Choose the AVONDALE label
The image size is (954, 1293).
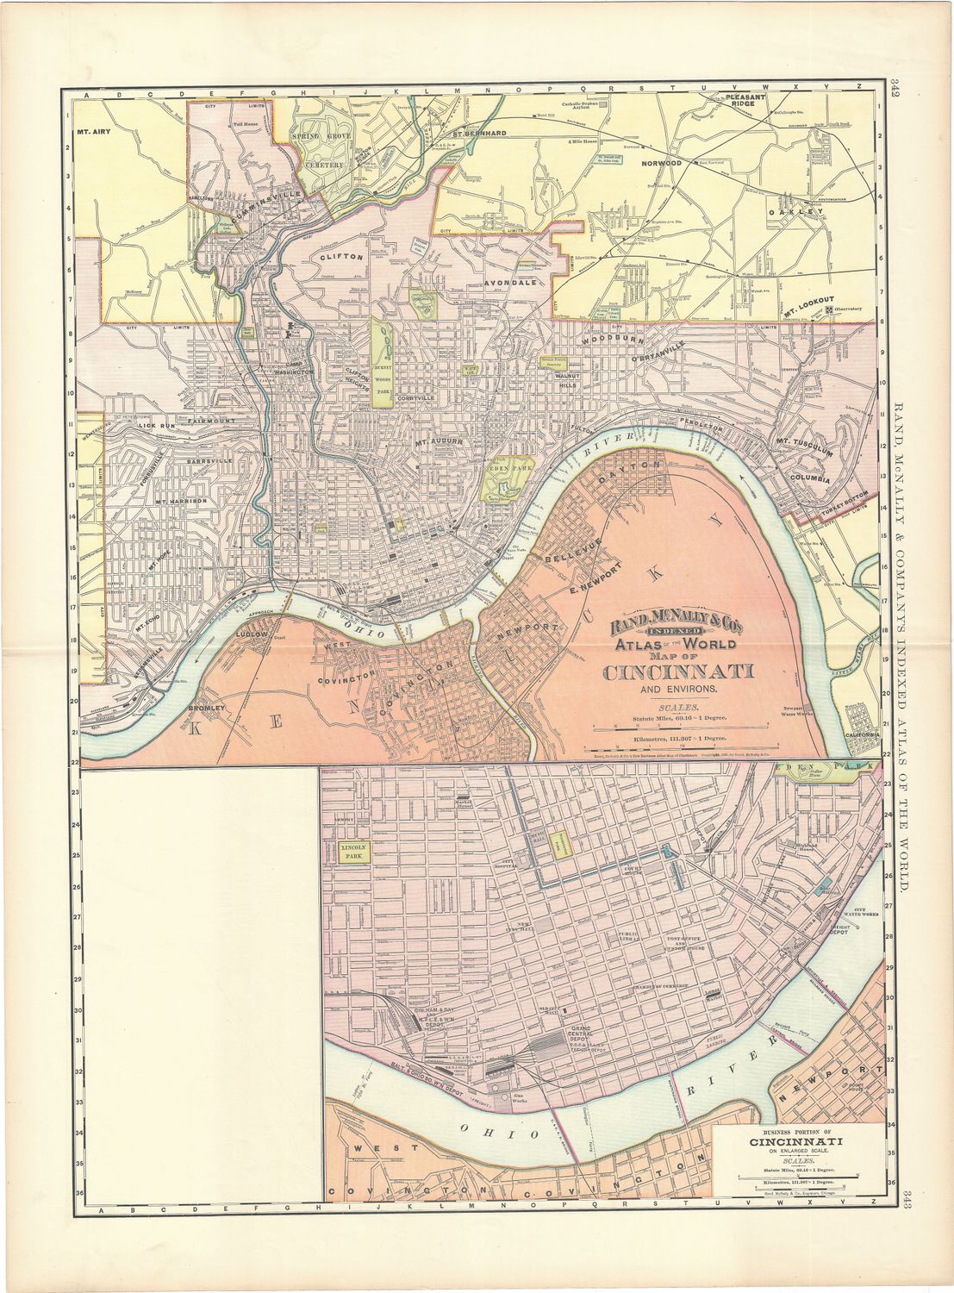click(511, 282)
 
